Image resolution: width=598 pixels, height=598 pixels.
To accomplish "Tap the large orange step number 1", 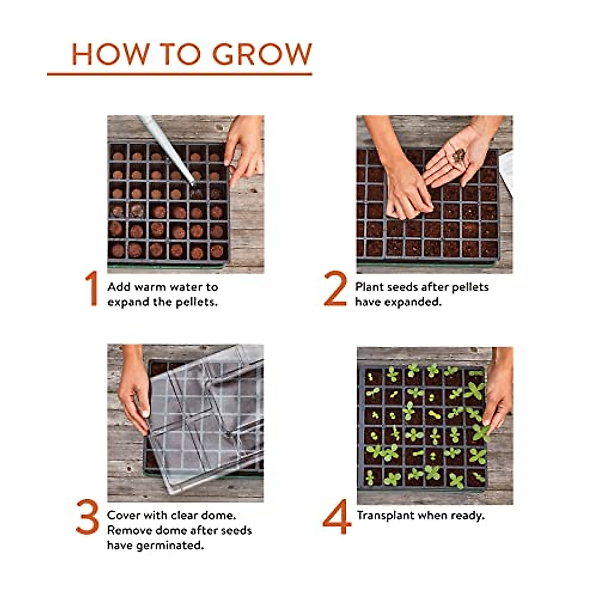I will (91, 289).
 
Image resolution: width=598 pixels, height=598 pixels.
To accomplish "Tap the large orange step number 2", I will (335, 289).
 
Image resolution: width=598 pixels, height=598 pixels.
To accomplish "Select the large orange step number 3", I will (88, 517).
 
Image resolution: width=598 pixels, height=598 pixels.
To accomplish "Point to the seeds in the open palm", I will (459, 155).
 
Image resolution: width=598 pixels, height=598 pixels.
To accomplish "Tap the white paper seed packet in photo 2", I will (506, 172).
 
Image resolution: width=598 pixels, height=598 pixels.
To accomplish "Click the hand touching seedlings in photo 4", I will (498, 394).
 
